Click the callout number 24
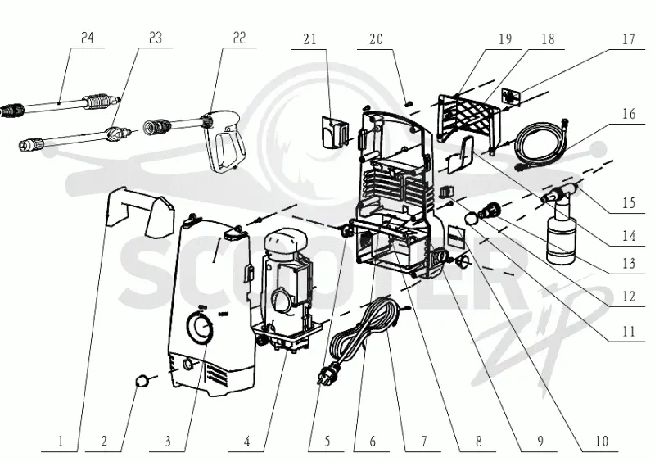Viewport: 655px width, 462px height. (87, 38)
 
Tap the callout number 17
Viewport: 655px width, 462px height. (628, 39)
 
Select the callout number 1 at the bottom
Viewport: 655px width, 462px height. (61, 441)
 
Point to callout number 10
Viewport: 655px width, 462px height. (602, 441)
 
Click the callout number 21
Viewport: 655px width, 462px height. (309, 39)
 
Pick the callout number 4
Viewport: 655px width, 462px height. (247, 441)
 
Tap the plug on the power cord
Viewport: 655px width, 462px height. (328, 371)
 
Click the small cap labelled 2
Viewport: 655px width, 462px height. (142, 381)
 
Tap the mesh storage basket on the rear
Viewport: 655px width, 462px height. (468, 118)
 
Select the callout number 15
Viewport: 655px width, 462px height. (628, 203)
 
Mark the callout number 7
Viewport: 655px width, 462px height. (424, 441)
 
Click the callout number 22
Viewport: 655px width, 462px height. (239, 38)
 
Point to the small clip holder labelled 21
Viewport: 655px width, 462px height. (334, 132)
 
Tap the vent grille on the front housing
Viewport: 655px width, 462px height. (217, 376)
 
